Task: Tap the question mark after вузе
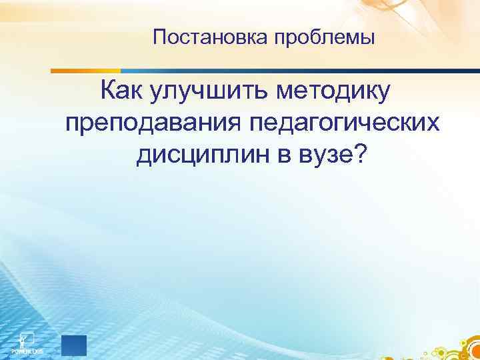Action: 360,155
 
